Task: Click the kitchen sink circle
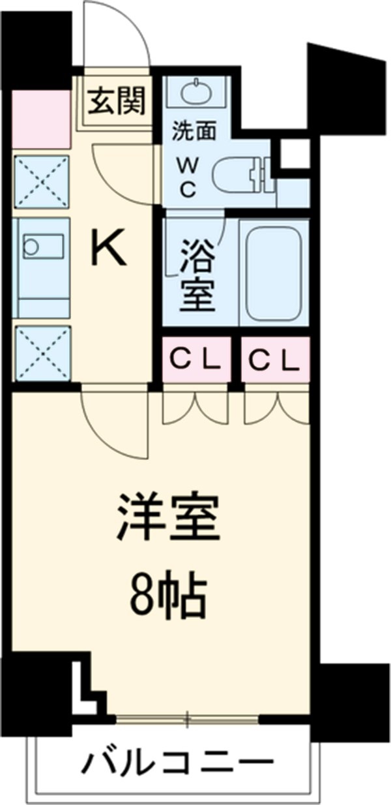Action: (x=31, y=246)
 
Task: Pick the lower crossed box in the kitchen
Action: (x=41, y=352)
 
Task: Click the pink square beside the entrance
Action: (x=41, y=119)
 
